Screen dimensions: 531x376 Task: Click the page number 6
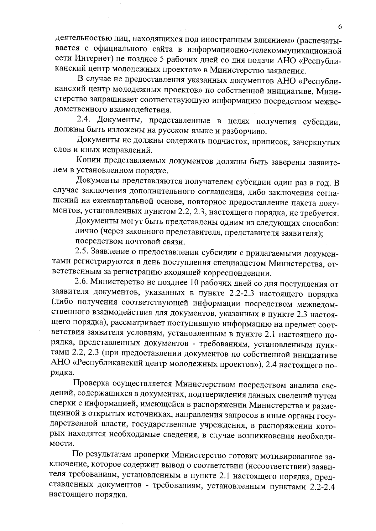pos(340,27)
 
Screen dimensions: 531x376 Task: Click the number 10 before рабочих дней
pos(194,283)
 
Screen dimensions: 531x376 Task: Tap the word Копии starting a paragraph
pos(88,161)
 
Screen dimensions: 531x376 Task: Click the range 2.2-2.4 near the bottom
pos(321,487)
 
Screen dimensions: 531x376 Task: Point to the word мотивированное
pos(290,455)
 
